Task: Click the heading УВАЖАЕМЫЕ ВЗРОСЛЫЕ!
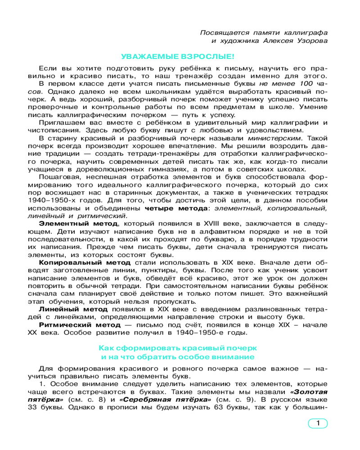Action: pos(178,57)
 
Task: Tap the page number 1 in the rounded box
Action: pos(318,423)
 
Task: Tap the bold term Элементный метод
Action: pos(79,224)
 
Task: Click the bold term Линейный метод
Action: pos(73,309)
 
